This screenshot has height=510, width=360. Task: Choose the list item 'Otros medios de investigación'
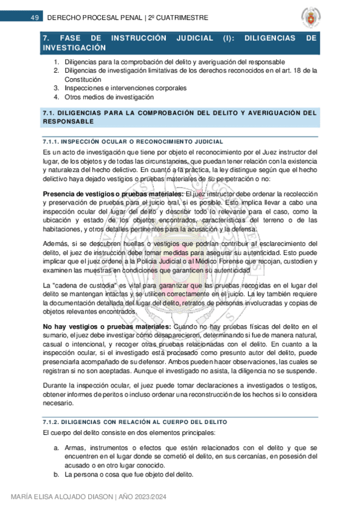click(x=109, y=96)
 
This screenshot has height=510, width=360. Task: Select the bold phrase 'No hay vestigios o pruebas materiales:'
click(x=107, y=327)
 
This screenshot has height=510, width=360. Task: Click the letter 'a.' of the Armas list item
click(x=56, y=448)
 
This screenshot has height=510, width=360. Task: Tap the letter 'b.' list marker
click(x=56, y=475)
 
